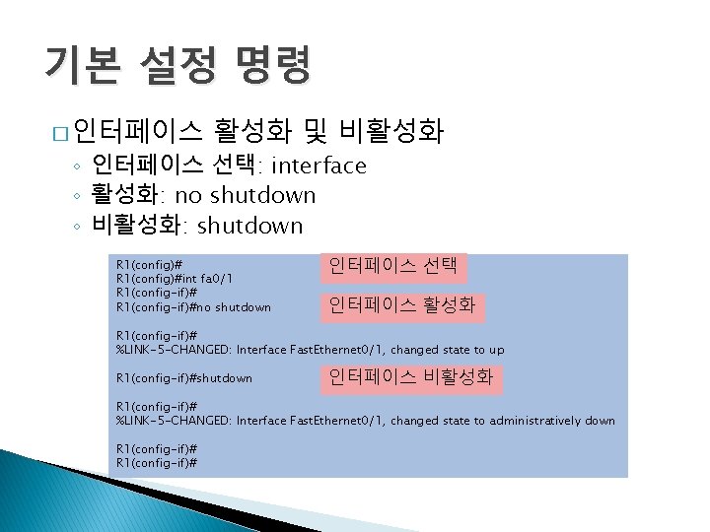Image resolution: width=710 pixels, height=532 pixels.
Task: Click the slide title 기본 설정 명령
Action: point(177,66)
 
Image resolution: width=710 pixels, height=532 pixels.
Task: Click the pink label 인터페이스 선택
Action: point(392,266)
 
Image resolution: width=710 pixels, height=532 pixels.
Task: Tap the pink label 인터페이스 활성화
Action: point(401,306)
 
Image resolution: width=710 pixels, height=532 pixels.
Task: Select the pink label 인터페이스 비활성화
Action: point(411,377)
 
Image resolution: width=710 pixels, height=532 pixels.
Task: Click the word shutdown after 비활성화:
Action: point(250,226)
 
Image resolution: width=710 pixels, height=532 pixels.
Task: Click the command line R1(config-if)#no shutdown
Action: point(193,307)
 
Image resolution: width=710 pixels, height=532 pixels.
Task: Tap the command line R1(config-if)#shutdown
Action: point(183,378)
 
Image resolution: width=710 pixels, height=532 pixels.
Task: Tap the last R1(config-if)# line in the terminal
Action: point(156,462)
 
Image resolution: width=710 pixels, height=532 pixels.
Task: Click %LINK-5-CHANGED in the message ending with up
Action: point(174,350)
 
